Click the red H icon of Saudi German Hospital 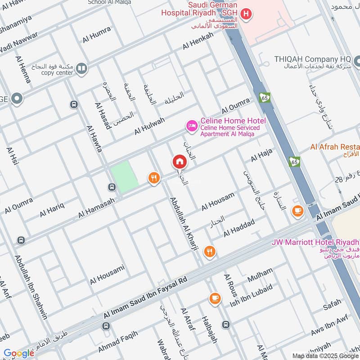[246, 14]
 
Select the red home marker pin [179, 162]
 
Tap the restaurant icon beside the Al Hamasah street [154, 179]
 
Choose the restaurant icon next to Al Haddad [209, 252]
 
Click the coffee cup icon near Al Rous [215, 298]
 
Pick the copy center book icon [81, 68]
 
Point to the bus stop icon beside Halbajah [226, 324]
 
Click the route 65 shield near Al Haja [294, 161]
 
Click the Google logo [18, 353]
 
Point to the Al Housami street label [107, 275]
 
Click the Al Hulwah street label [149, 126]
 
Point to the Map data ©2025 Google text [325, 355]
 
